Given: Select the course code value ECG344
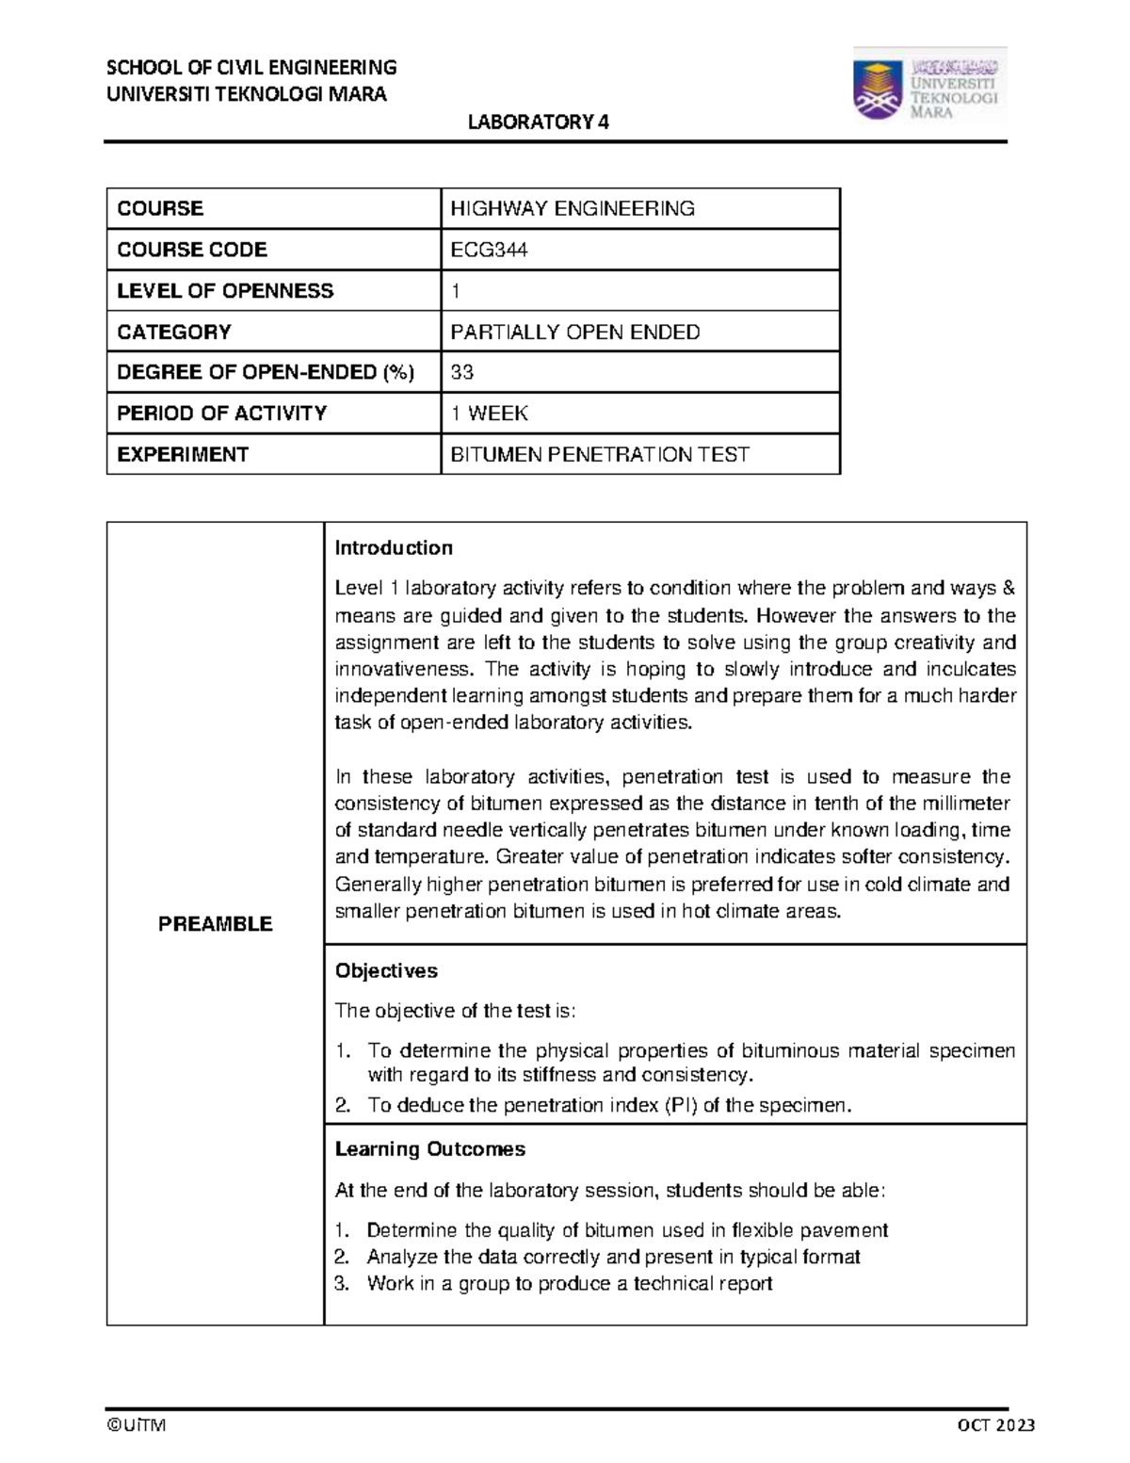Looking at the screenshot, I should pos(489,250).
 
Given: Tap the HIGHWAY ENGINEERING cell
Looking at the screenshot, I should pos(572,208).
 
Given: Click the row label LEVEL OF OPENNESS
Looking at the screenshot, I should pos(225,291).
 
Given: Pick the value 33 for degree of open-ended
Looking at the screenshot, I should pos(461,372).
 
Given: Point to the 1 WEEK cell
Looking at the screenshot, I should pos(489,414).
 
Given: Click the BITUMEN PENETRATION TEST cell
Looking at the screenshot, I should pos(599,455).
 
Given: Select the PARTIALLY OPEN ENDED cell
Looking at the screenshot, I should pos(574,332).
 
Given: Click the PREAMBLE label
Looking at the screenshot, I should pos(216,924).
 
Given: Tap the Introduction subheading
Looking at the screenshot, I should pos(394,548).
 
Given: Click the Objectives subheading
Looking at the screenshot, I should pos(386,971).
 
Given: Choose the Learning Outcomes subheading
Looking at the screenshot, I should pos(429,1149).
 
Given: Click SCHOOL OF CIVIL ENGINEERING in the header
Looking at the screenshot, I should pos(251,67).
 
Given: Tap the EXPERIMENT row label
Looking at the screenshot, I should pos(182,455).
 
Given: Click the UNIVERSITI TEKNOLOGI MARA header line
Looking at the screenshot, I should pos(247,94).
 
